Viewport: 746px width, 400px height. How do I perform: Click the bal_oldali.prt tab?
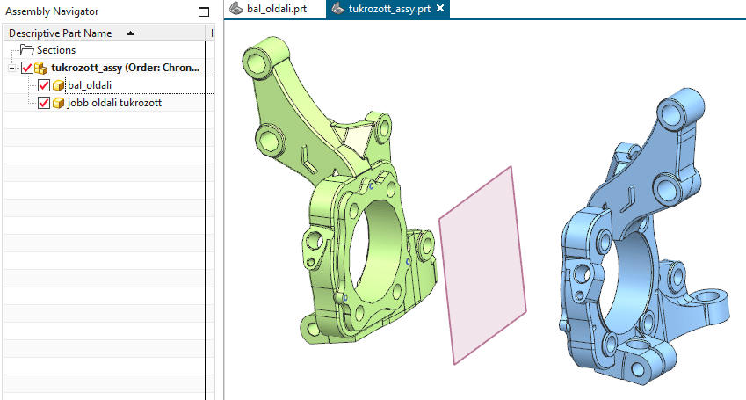click(x=268, y=9)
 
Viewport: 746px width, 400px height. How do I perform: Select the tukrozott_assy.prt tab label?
click(x=389, y=9)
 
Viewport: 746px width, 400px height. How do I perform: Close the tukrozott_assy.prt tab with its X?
click(x=440, y=8)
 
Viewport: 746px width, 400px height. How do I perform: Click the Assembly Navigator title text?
click(x=52, y=11)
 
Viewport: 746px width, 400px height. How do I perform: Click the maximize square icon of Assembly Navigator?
click(x=204, y=12)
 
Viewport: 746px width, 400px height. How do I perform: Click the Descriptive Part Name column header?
click(x=61, y=33)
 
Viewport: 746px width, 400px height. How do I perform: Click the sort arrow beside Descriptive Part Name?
click(x=130, y=33)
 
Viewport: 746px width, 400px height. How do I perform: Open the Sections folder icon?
click(x=26, y=50)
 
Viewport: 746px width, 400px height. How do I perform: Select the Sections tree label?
click(x=56, y=50)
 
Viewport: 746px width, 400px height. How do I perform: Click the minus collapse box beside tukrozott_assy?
click(x=12, y=68)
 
